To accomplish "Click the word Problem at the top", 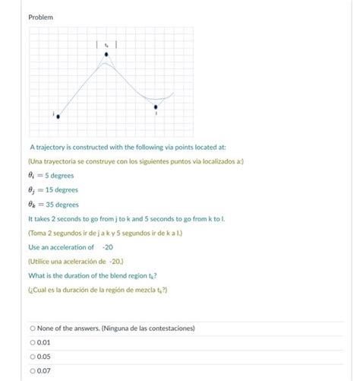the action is tap(40, 16).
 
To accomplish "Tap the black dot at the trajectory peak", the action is tap(106, 55).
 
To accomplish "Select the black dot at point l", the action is tap(156, 107).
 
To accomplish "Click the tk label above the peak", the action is tap(106, 44).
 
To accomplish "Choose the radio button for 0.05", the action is tap(33, 356).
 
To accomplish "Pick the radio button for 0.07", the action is tap(33, 370).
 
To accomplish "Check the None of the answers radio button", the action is tap(33, 328).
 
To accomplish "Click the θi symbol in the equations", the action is tap(33, 176).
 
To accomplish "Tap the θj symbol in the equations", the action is tap(33, 190).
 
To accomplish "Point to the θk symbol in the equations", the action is tap(33, 205).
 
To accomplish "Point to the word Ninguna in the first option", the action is tap(128, 328).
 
